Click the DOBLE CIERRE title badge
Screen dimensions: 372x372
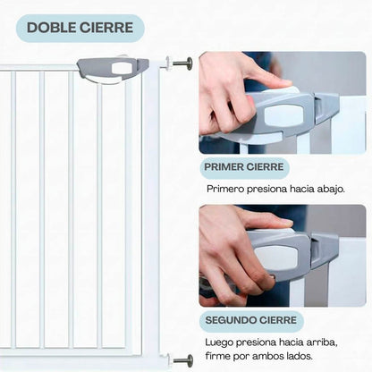pos(80,28)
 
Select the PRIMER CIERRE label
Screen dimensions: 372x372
pos(244,168)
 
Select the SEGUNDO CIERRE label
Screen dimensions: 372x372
pos(250,321)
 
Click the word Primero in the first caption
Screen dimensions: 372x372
pos(228,190)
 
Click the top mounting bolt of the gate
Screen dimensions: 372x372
pos(182,63)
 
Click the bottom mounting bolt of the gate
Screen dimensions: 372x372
pos(182,360)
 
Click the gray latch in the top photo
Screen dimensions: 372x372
pos(291,116)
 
